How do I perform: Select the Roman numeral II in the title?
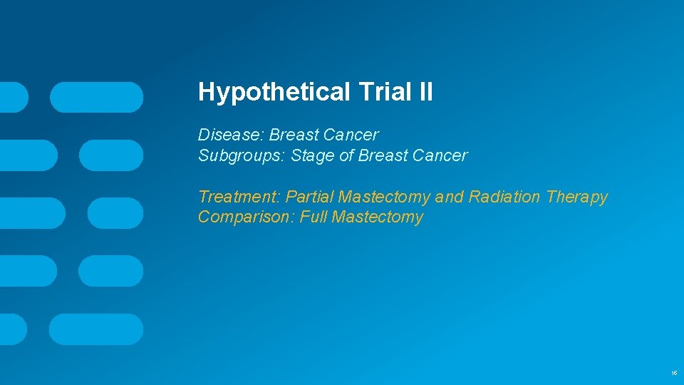[x=424, y=92]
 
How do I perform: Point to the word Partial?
[x=310, y=197]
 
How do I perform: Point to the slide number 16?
[x=674, y=373]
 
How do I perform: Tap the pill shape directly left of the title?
[x=96, y=97]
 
